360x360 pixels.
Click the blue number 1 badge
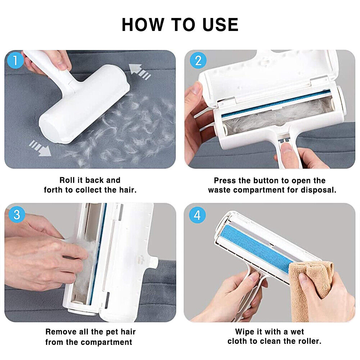point(15,60)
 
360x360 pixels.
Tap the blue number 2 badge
point(198,60)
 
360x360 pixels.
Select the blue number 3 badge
point(17,215)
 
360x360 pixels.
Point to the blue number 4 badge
point(197,215)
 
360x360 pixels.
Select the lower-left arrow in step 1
point(40,148)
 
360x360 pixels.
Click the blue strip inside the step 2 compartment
point(275,103)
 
